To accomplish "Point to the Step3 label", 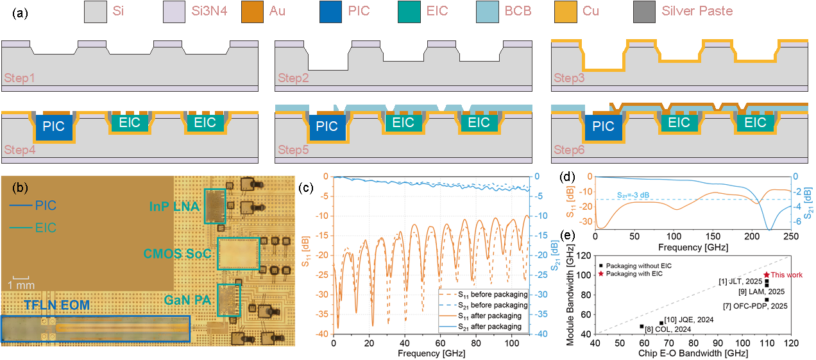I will pos(568,78).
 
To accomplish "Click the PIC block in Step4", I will pos(53,127).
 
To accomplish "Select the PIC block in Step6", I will pos(604,127).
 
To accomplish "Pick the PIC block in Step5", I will pos(327,127).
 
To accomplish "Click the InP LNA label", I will pos(173,206).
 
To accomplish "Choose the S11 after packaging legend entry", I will pos(491,316).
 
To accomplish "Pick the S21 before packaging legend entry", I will pos(491,305).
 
